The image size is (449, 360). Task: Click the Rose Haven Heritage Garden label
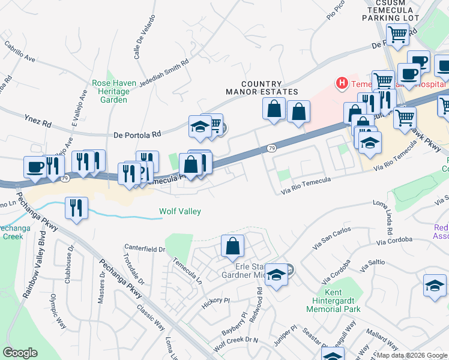coord(110,91)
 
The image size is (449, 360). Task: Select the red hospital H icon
coord(342,82)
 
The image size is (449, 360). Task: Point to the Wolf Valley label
coord(179,211)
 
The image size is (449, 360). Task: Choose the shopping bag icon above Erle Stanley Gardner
coord(232,247)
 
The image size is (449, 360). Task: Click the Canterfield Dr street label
coord(144,248)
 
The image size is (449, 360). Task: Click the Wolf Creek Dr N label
coord(235,344)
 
